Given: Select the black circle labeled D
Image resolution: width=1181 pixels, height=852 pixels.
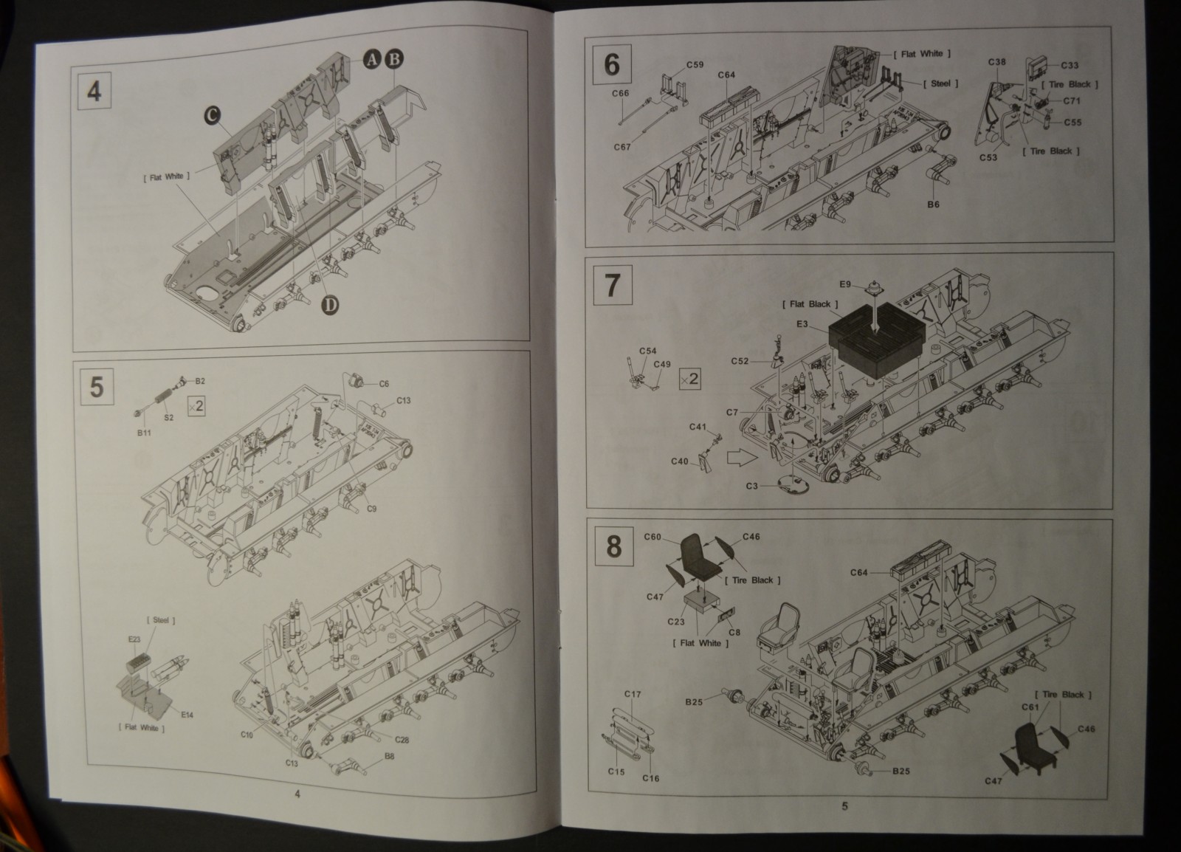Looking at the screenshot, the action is click(x=331, y=304).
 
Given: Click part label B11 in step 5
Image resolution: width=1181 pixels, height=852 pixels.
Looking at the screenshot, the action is click(x=144, y=433).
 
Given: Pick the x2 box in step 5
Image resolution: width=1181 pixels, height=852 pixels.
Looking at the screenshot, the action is click(x=196, y=405).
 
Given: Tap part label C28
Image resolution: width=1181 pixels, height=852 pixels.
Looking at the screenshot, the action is click(x=402, y=740).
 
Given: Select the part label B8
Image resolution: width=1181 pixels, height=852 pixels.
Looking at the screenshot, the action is click(x=389, y=756).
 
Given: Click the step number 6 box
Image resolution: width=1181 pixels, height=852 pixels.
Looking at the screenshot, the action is click(x=612, y=64).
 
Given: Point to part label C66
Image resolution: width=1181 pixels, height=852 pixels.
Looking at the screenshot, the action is click(x=621, y=93).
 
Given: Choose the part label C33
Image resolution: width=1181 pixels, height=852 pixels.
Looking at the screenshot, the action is click(x=1069, y=66).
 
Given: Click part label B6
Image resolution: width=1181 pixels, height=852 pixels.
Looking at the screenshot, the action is click(x=933, y=205).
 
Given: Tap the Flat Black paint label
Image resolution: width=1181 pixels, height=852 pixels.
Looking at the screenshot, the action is click(x=810, y=304).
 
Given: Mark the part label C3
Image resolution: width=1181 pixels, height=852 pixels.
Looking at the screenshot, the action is click(x=751, y=486).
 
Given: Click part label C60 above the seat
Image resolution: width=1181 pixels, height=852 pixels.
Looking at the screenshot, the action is click(x=653, y=537).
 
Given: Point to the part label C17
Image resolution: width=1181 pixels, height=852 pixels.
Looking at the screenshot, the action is click(x=633, y=694).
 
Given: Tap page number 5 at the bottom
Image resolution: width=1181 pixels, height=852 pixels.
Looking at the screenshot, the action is click(x=845, y=805).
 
